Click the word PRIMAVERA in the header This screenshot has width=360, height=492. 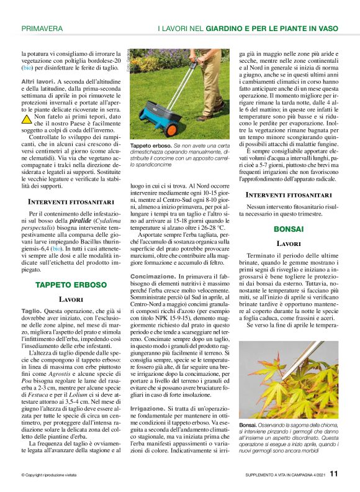(x=42, y=29)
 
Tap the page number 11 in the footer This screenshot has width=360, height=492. (x=334, y=474)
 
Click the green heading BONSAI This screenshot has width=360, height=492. (x=289, y=229)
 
